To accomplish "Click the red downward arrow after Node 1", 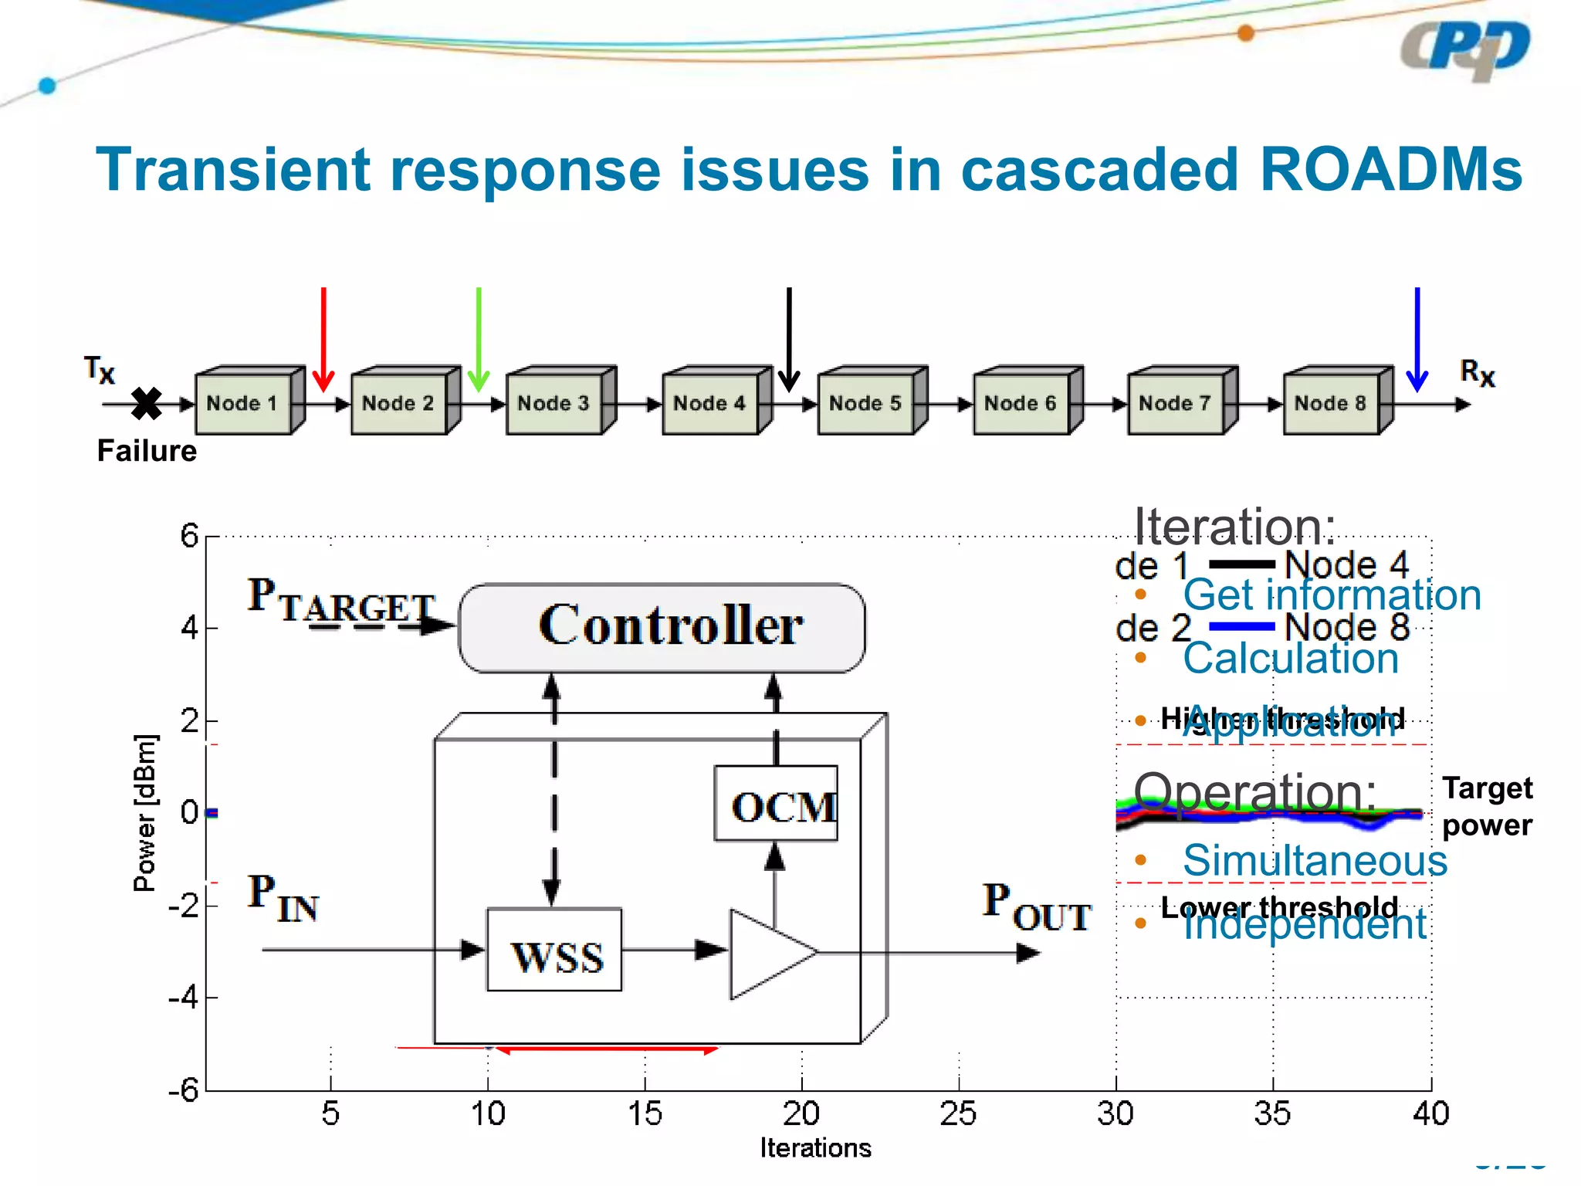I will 323,340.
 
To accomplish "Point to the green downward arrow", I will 479,340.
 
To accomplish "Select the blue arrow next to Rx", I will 1417,340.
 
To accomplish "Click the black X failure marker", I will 146,403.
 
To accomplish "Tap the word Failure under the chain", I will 147,451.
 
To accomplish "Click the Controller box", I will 662,627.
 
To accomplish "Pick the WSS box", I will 555,950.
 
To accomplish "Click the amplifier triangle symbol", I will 768,954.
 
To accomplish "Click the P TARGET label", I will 340,601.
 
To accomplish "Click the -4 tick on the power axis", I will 184,998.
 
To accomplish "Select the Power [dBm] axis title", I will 145,812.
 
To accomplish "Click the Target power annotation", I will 1487,806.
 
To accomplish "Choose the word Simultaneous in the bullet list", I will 1315,860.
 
